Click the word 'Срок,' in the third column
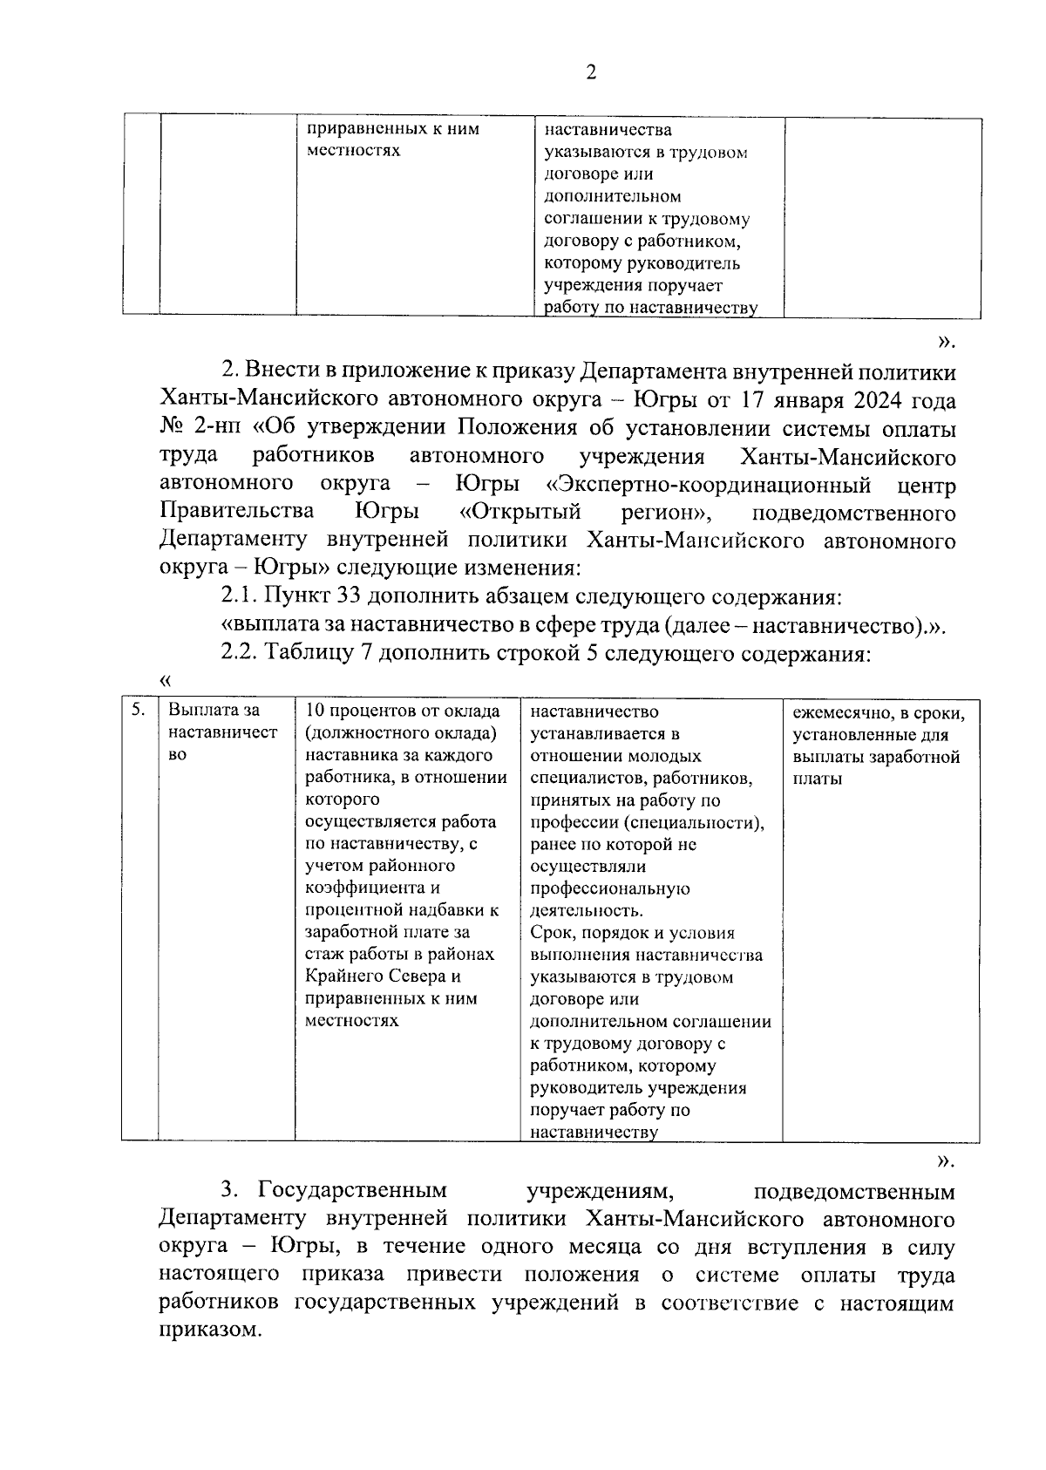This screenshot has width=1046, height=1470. (x=554, y=933)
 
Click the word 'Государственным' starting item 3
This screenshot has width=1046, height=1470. (x=352, y=1191)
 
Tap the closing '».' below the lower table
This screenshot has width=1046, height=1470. (x=945, y=1160)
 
